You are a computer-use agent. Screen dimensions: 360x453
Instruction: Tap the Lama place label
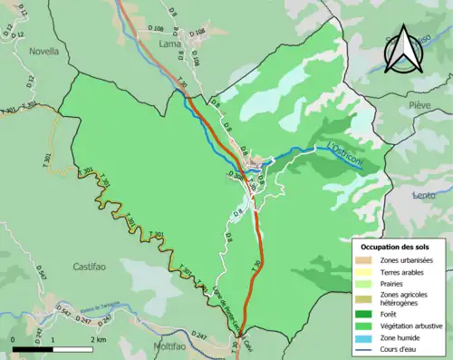[169, 43]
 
